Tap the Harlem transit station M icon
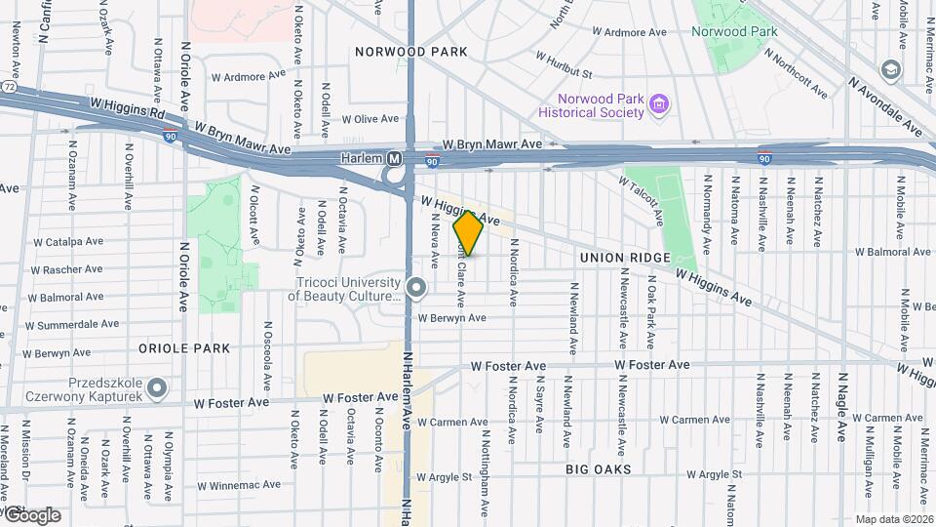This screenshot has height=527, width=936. (x=395, y=158)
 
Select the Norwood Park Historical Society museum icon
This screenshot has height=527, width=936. (x=660, y=102)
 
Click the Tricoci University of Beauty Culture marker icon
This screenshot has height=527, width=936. (x=417, y=288)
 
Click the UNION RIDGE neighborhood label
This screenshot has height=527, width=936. (x=624, y=258)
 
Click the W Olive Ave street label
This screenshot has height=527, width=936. (x=370, y=119)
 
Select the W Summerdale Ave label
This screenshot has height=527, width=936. (x=73, y=323)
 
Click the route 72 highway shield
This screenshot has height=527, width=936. (x=8, y=87)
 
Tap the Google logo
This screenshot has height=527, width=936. (x=31, y=514)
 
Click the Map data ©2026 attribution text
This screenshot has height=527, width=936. (x=892, y=519)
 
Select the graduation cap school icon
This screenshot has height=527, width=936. (x=889, y=70)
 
